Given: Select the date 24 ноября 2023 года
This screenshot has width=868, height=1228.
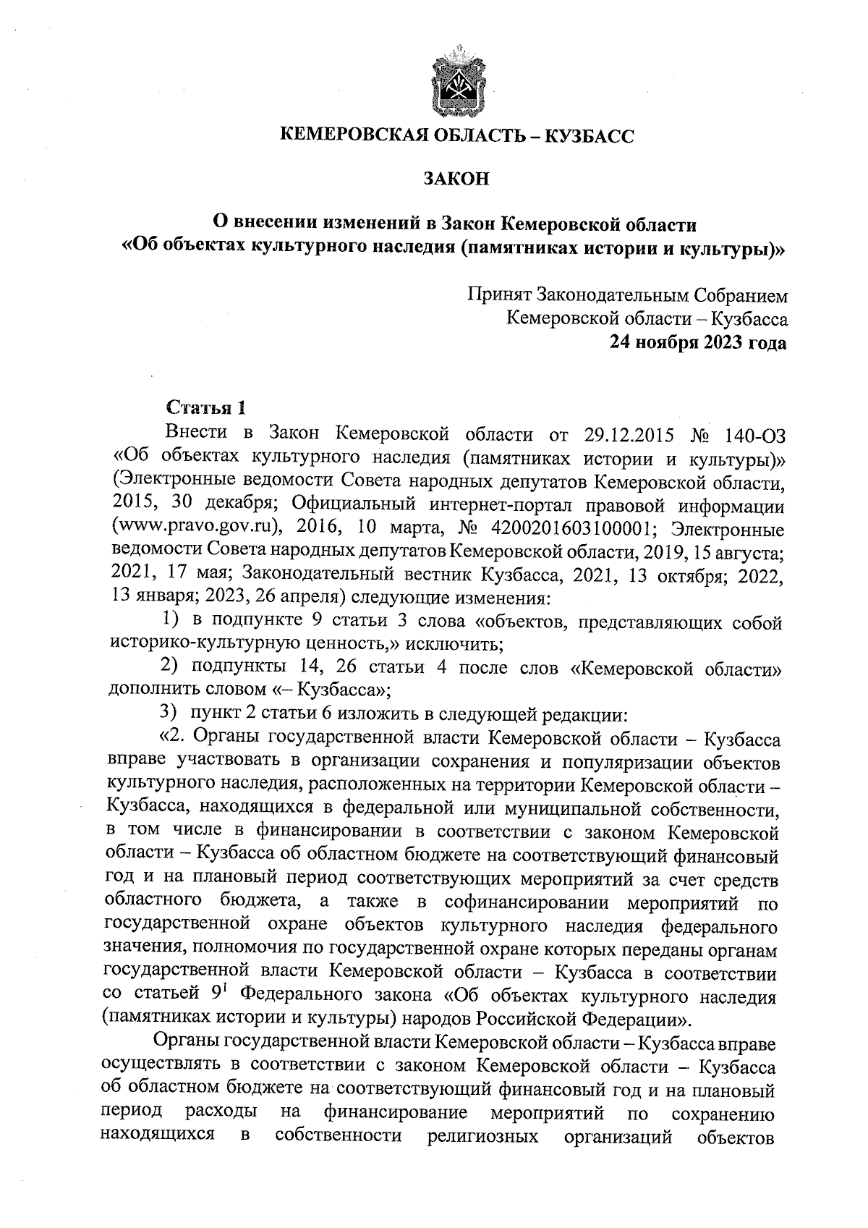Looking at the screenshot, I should [x=697, y=342].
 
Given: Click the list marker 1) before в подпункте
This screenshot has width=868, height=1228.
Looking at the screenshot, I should [x=169, y=621].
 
